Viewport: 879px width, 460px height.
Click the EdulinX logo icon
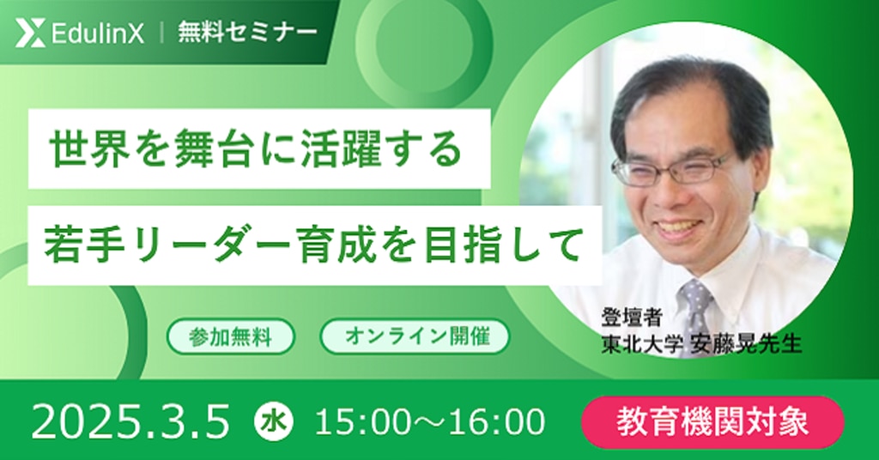pyautogui.click(x=30, y=33)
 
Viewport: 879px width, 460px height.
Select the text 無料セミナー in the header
pyautogui.click(x=246, y=33)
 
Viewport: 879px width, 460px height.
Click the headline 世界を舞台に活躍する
pyautogui.click(x=256, y=149)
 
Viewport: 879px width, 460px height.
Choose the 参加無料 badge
pyautogui.click(x=230, y=336)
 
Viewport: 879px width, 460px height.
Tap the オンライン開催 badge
pyautogui.click(x=415, y=336)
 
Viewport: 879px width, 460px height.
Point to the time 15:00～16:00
pyautogui.click(x=430, y=422)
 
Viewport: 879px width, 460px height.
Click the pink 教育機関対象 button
pyautogui.click(x=713, y=422)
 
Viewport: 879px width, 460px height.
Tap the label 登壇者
pyautogui.click(x=632, y=318)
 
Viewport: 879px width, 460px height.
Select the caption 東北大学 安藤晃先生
pyautogui.click(x=701, y=344)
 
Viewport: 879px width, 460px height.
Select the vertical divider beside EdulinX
pyautogui.click(x=161, y=33)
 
